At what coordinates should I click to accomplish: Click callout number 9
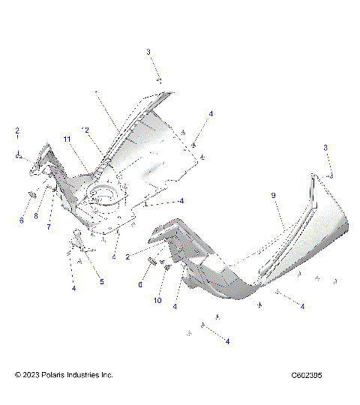coord(274,195)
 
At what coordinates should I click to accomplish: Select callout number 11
coord(67,139)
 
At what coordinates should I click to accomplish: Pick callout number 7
coord(49,226)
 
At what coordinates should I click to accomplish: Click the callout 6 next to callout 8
coord(21,220)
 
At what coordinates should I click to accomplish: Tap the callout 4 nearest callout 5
coord(73,287)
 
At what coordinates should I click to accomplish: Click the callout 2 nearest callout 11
coord(87,130)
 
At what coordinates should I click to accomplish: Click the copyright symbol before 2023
coord(18,374)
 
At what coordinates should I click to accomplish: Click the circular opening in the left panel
coord(104,198)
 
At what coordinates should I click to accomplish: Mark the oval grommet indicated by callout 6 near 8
coord(31,196)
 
